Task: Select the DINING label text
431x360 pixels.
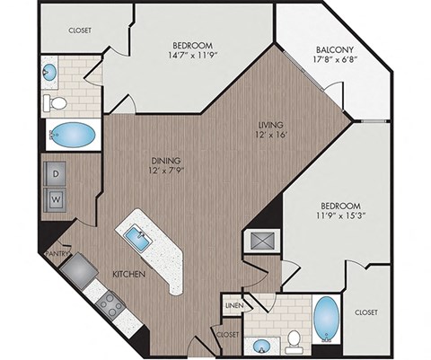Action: pos(168,159)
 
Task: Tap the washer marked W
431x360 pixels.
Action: pos(56,197)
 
